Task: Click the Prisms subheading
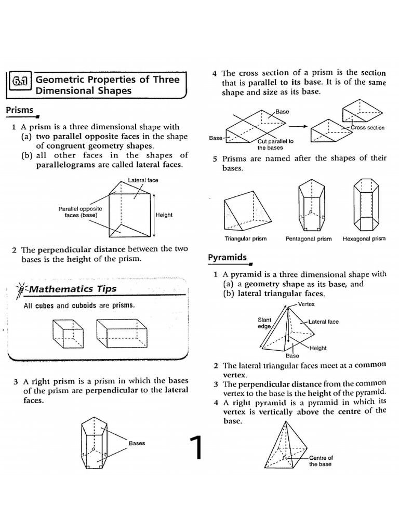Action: click(x=19, y=110)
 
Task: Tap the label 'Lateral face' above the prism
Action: click(x=143, y=180)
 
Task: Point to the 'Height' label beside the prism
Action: click(x=164, y=215)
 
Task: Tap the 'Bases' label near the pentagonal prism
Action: click(x=137, y=443)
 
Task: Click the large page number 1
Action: click(x=195, y=448)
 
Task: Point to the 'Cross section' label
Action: click(x=367, y=128)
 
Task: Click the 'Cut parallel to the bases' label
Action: click(x=275, y=144)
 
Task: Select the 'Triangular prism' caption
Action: click(x=245, y=239)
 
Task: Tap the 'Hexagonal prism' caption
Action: click(x=364, y=239)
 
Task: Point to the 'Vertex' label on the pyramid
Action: click(x=307, y=304)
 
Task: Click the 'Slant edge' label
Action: click(x=264, y=323)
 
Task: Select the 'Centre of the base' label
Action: click(x=321, y=461)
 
